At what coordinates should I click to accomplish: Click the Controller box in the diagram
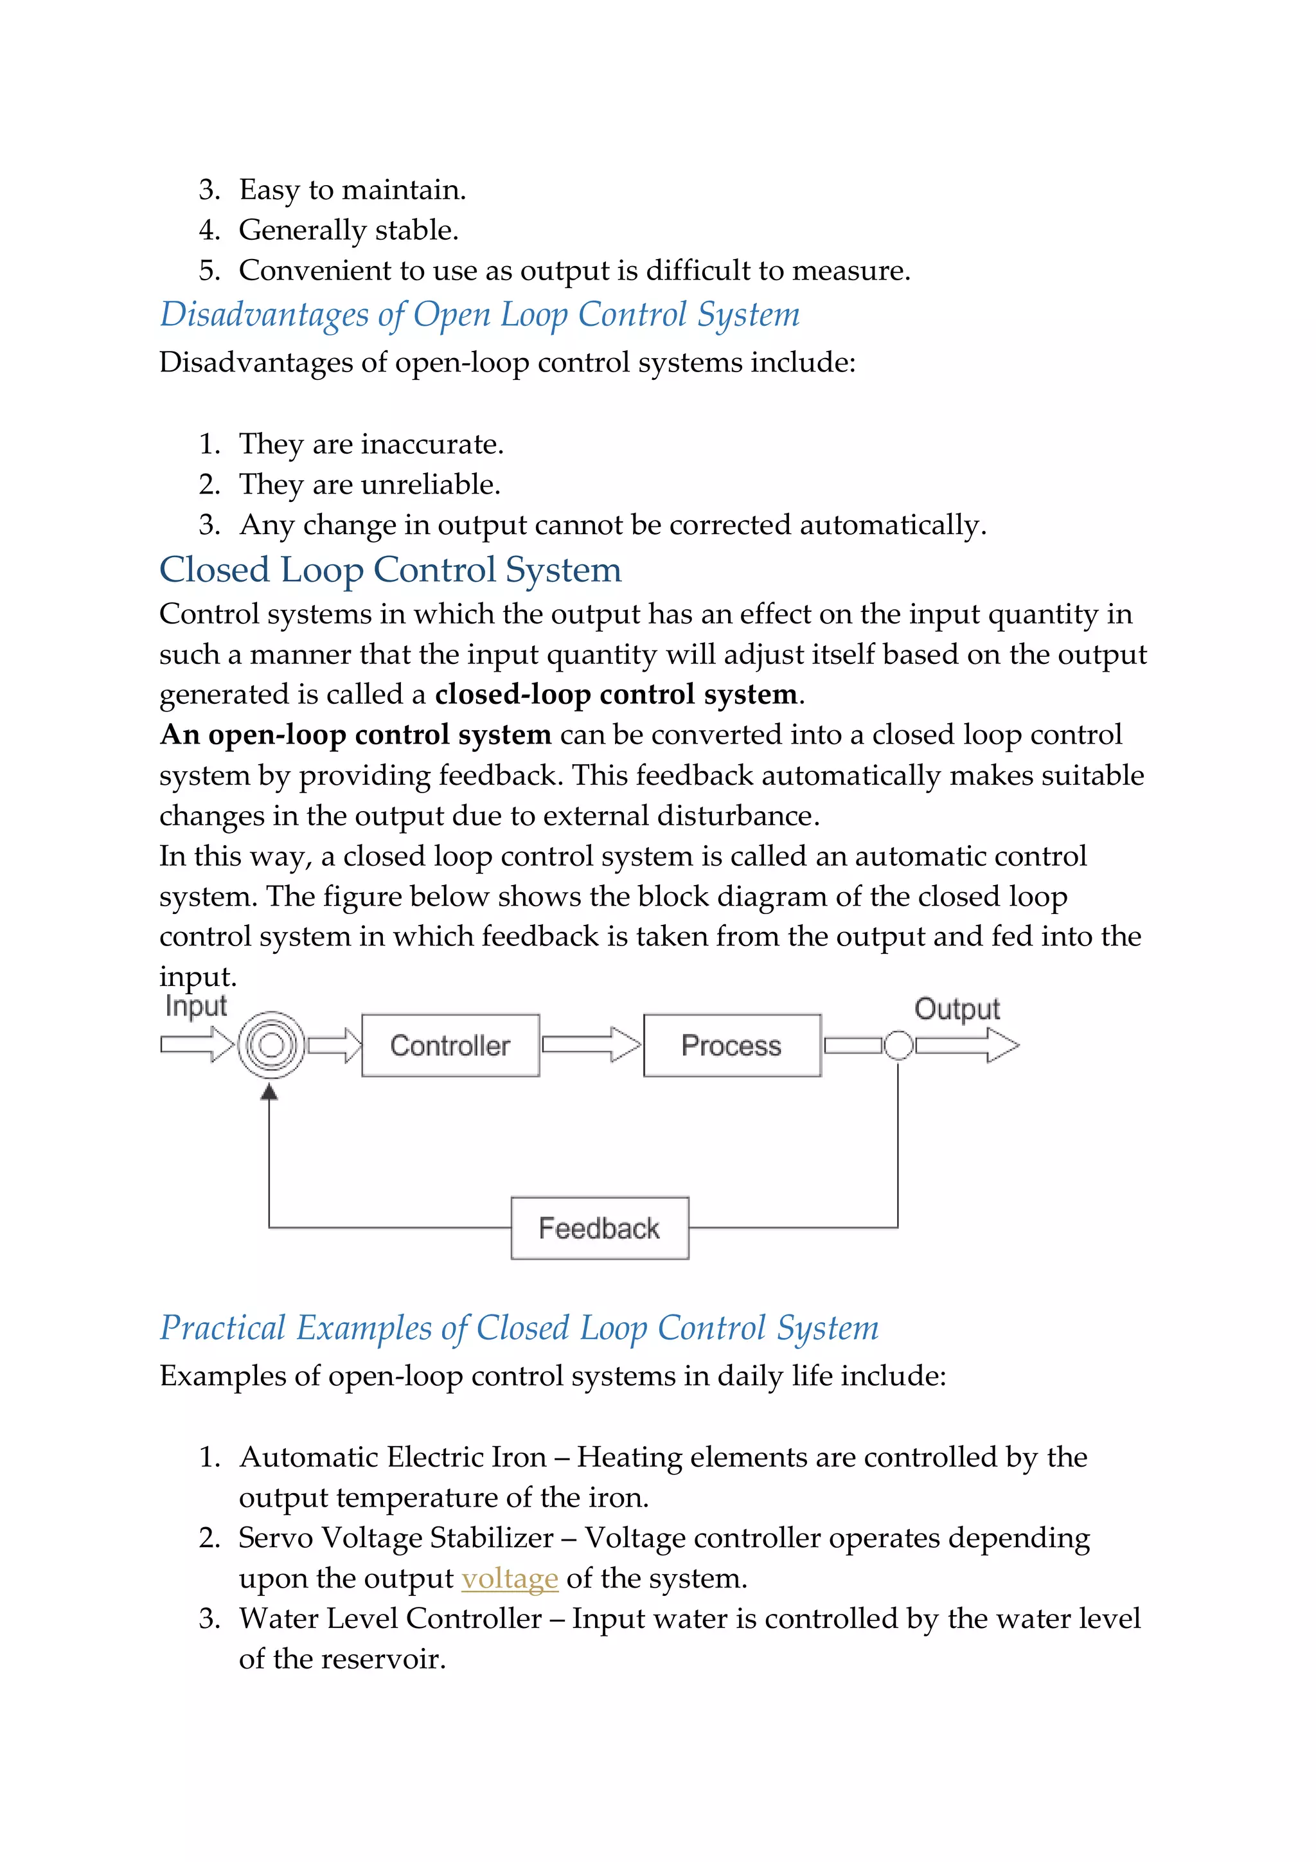pyautogui.click(x=450, y=1045)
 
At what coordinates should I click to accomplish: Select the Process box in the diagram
pyautogui.click(x=731, y=1045)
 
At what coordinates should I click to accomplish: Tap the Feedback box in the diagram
pyautogui.click(x=600, y=1228)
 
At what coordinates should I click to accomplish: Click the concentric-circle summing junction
pyautogui.click(x=271, y=1045)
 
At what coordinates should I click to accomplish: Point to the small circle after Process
pyautogui.click(x=898, y=1045)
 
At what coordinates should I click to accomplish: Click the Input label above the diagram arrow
pyautogui.click(x=195, y=1006)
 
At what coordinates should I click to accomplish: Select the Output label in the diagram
pyautogui.click(x=957, y=1009)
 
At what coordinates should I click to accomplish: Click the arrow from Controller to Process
pyautogui.click(x=591, y=1044)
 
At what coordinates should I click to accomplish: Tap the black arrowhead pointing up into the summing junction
pyautogui.click(x=269, y=1093)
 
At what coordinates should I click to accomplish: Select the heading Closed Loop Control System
pyautogui.click(x=390, y=569)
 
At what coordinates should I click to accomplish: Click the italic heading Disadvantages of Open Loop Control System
pyautogui.click(x=479, y=315)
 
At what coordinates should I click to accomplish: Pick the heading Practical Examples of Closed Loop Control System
pyautogui.click(x=519, y=1329)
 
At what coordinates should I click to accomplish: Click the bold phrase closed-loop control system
pyautogui.click(x=616, y=694)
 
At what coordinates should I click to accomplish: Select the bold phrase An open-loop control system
pyautogui.click(x=356, y=735)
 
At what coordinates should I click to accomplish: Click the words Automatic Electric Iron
pyautogui.click(x=393, y=1457)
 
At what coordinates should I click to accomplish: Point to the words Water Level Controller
pyautogui.click(x=390, y=1618)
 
